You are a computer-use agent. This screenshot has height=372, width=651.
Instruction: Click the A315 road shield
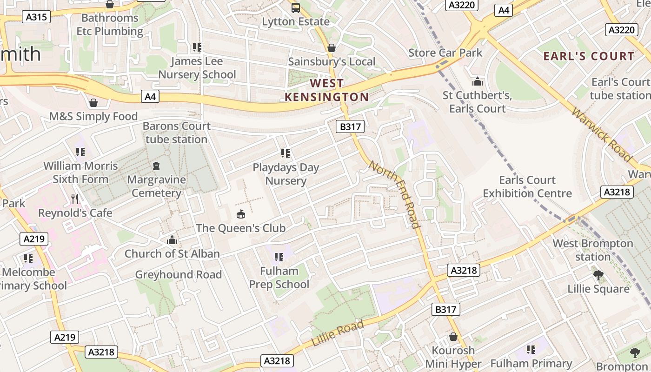point(36,17)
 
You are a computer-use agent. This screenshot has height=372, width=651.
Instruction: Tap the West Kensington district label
point(326,90)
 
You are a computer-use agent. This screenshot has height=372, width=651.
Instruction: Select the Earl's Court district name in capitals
point(589,56)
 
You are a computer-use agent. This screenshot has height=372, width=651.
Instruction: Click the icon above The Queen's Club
point(240,214)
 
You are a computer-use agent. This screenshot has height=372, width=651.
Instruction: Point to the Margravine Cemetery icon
point(156,166)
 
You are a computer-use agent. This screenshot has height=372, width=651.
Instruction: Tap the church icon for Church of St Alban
point(172,240)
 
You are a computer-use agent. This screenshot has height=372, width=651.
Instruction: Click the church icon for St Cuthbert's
point(477,82)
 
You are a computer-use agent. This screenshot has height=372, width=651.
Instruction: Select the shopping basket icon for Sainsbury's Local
point(332,48)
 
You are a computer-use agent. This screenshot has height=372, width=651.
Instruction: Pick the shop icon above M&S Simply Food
point(93,103)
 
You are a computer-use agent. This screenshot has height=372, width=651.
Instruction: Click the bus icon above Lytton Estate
point(296,7)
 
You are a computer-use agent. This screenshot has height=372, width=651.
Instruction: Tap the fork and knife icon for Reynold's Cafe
point(75,199)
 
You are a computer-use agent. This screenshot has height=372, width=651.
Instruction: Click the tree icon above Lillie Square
point(598,275)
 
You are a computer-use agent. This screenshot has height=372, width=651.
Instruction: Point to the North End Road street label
point(395,194)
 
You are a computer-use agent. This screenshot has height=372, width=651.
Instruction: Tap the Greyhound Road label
point(178,275)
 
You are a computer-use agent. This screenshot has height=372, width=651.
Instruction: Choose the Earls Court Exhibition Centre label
point(527,186)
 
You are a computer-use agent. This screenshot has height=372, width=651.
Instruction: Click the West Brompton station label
point(592,250)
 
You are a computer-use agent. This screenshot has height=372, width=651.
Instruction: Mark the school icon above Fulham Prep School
point(279,257)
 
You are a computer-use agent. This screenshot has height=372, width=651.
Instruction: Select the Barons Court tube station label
point(176,133)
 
